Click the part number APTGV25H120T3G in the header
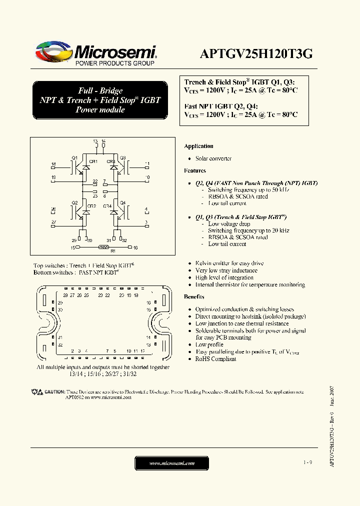[x=256, y=54]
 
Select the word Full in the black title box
[x=86, y=90]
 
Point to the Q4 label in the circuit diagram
[x=122, y=202]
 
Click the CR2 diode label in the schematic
[x=92, y=206]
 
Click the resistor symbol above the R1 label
[x=103, y=247]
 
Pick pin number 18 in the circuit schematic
[x=53, y=164]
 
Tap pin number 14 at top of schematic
[x=103, y=142]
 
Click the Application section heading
[x=198, y=146]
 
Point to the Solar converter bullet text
[x=213, y=158]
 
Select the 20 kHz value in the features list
[x=280, y=230]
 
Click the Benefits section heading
[x=194, y=297]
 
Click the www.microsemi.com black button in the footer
[x=171, y=463]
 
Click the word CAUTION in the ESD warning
[x=54, y=392]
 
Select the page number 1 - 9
[x=307, y=463]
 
